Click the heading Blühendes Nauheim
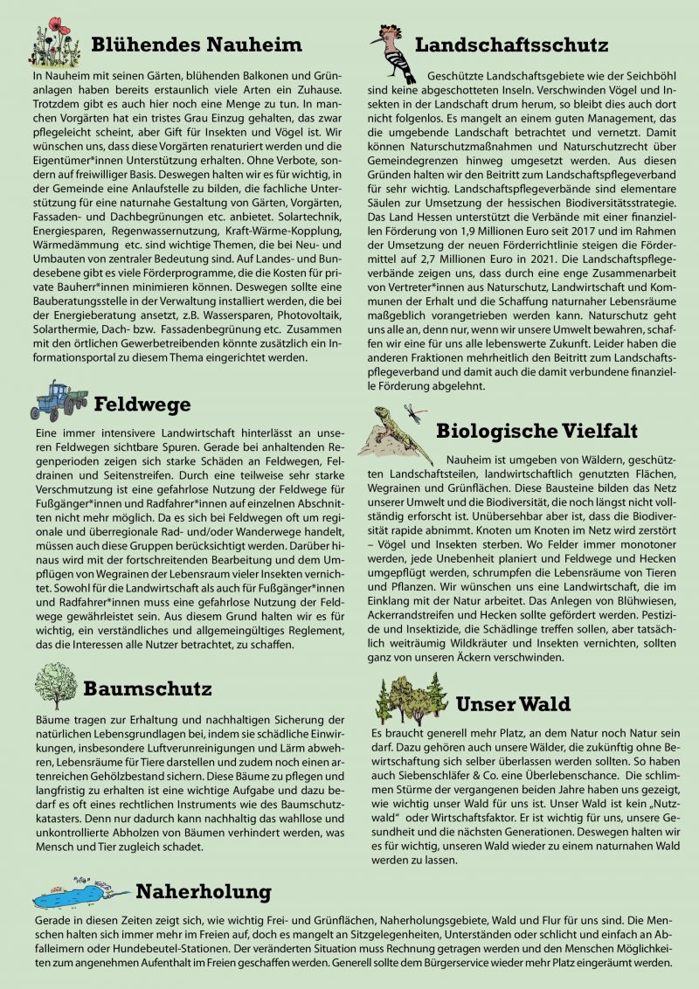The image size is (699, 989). [x=196, y=45]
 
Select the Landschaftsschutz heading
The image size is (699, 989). [x=510, y=45]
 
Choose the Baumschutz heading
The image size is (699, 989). [x=148, y=688]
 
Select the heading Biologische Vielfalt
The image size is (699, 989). [x=536, y=431]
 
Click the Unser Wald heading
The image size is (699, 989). [x=513, y=704]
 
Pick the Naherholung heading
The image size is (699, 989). [x=203, y=891]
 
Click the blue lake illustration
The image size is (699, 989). [x=74, y=894]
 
